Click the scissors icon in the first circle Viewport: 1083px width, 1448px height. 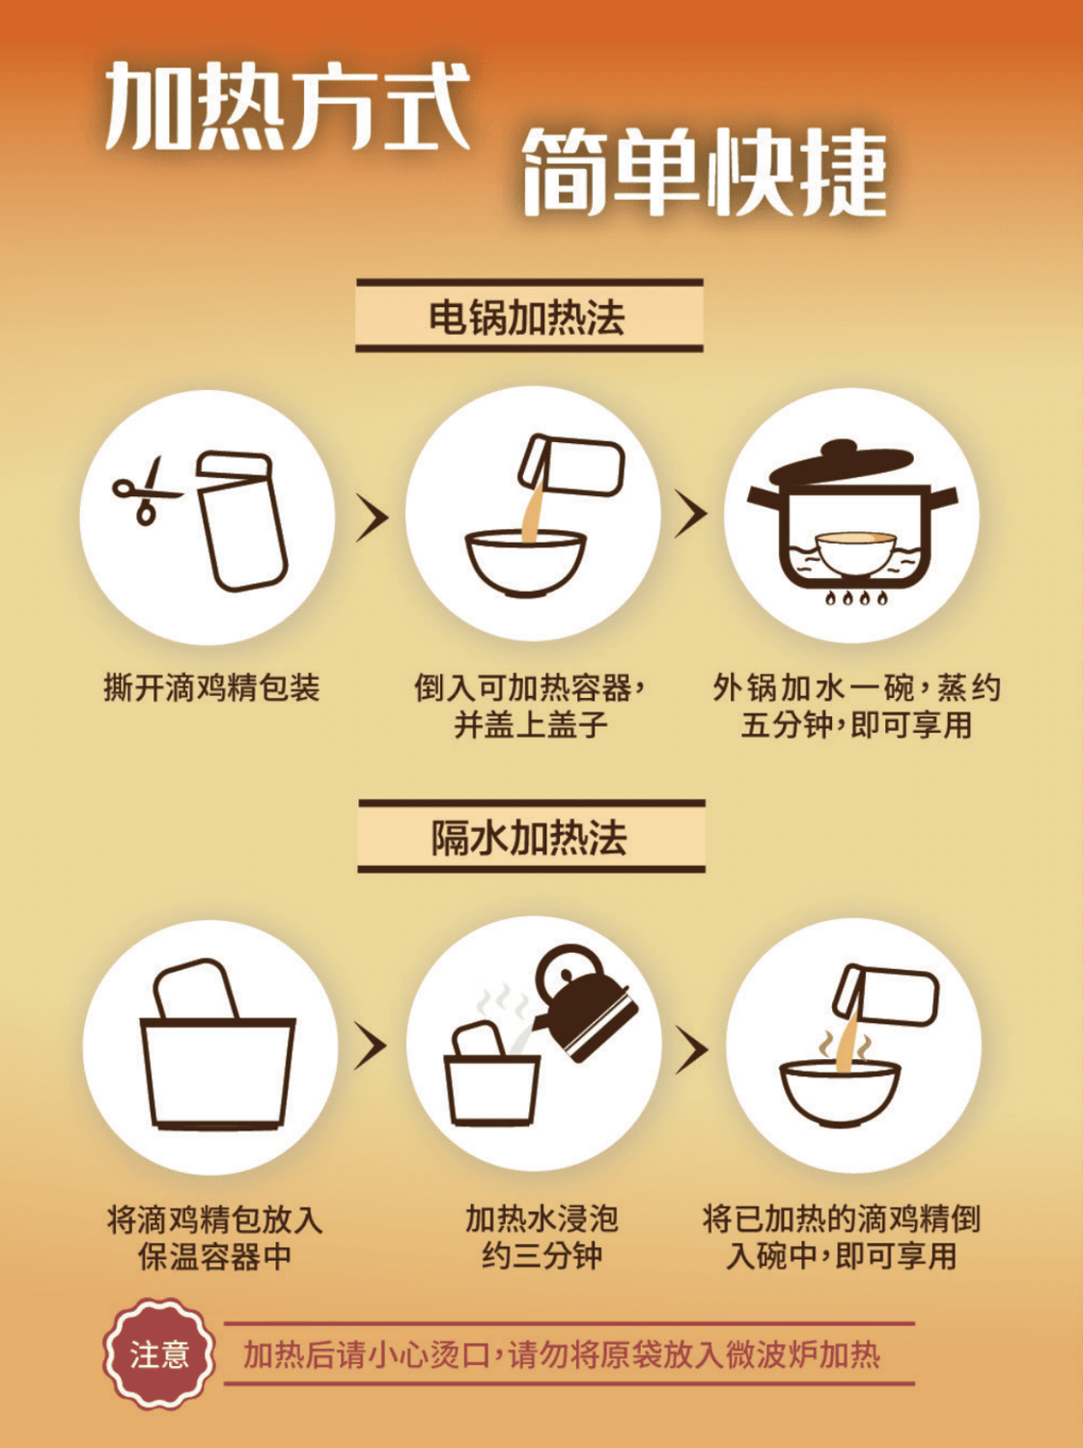click(144, 491)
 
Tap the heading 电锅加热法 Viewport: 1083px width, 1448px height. click(529, 316)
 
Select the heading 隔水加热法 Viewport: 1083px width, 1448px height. click(530, 838)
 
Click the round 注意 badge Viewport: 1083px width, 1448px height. click(159, 1353)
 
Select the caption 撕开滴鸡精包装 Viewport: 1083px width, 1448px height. click(212, 687)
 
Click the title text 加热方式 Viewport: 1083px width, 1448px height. click(289, 105)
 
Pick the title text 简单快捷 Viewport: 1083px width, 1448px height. click(705, 172)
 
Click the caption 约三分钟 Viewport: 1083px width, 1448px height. click(541, 1255)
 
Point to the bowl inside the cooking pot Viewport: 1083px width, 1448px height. click(855, 551)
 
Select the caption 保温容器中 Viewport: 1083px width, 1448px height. click(215, 1256)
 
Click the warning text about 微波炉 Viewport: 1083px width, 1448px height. click(563, 1354)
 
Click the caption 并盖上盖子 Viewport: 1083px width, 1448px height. click(531, 725)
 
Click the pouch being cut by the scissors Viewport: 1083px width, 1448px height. click(242, 521)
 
